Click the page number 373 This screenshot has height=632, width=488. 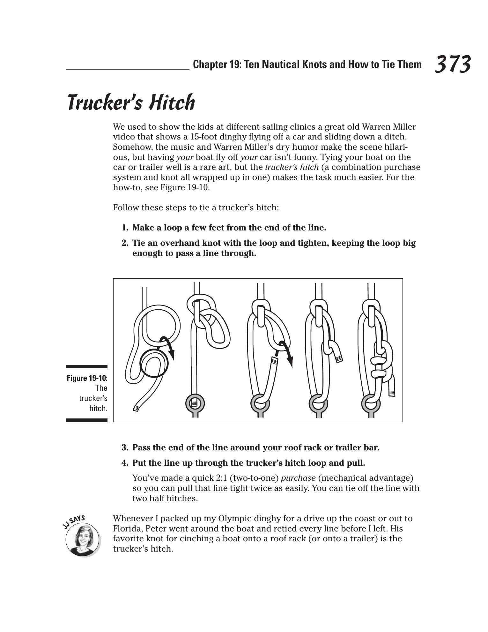pos(453,64)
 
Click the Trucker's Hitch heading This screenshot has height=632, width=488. pos(131,103)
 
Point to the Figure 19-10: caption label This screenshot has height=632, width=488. pos(87,378)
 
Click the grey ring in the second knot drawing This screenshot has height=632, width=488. pos(195,404)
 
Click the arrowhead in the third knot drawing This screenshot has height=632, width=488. pos(290,362)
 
